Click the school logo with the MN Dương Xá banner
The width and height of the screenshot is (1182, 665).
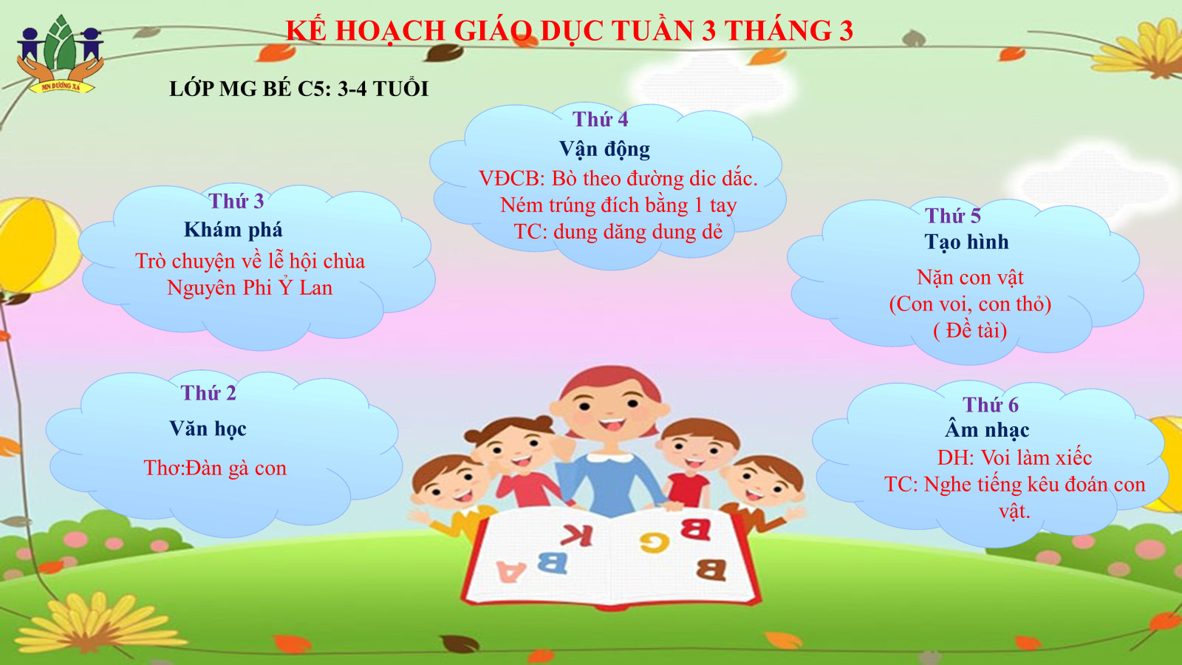tap(60, 55)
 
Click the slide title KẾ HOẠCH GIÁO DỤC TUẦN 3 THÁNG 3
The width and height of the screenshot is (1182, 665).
tap(570, 30)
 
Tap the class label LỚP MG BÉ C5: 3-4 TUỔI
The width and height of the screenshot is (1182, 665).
tap(298, 89)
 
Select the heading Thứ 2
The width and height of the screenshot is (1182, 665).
tap(208, 392)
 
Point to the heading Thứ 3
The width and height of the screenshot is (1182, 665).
tap(236, 201)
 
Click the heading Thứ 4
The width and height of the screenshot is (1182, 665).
tap(601, 119)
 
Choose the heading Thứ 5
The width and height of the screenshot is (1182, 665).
tap(953, 215)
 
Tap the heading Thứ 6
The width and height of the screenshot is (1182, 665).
tap(991, 405)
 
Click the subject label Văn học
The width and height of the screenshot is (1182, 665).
tap(208, 429)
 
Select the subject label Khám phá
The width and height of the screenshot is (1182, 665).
tap(233, 230)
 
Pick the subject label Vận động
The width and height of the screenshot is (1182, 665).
tap(605, 149)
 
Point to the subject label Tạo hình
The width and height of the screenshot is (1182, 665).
tap(967, 242)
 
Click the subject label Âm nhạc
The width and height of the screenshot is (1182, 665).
tap(987, 429)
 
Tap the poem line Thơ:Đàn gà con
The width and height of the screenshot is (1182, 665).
tap(215, 468)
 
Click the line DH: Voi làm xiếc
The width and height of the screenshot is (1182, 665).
tap(1015, 457)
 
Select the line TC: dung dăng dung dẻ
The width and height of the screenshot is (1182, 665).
tap(618, 232)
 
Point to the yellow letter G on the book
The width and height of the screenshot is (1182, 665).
tap(655, 542)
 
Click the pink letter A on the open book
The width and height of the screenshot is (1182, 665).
tap(511, 572)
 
